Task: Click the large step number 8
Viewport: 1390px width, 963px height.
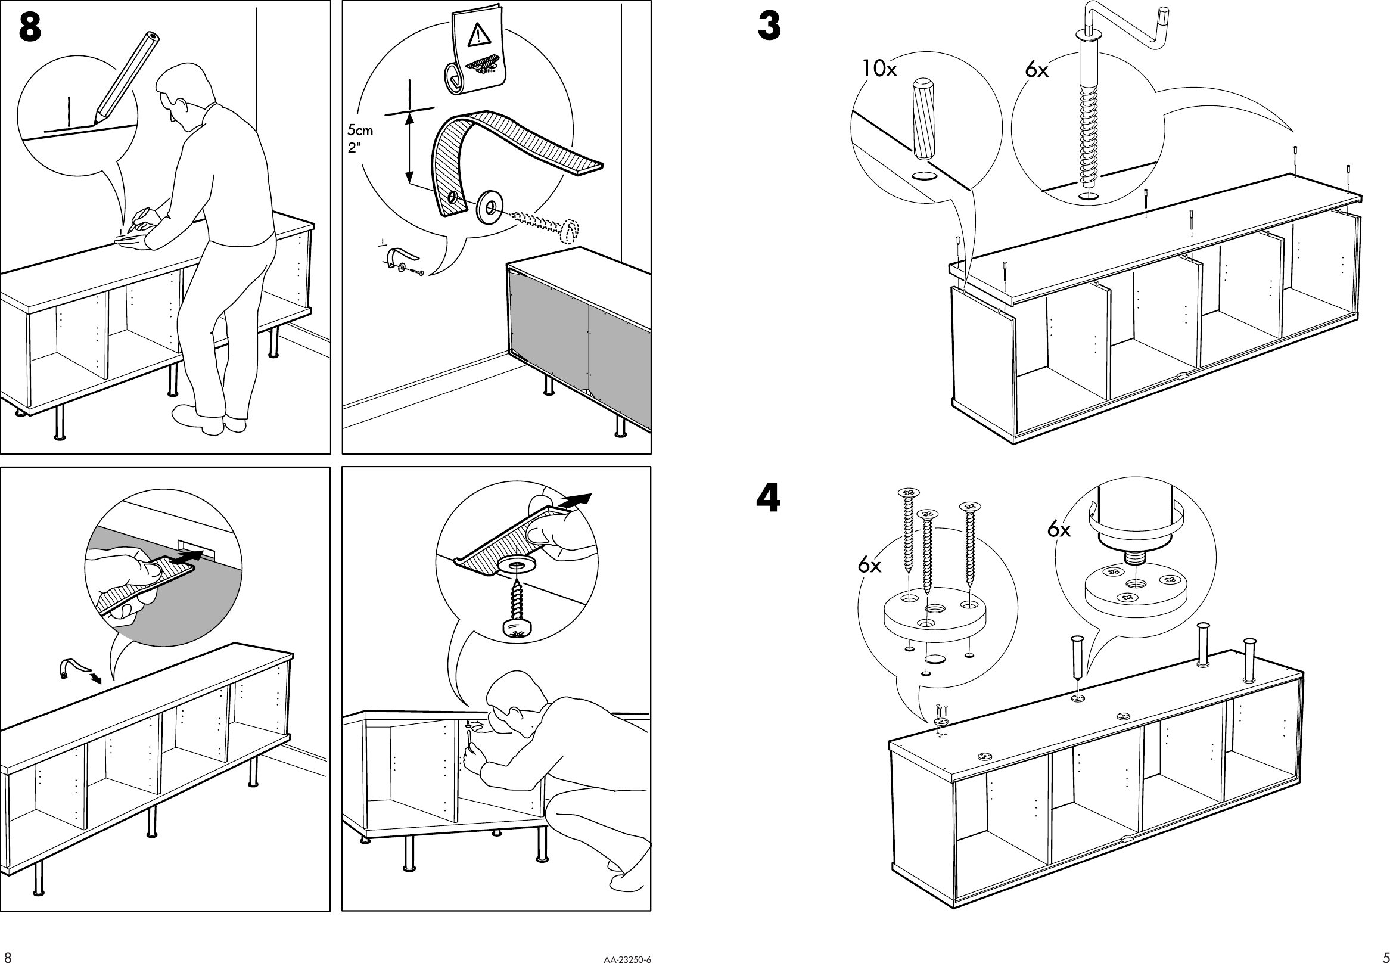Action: (x=30, y=29)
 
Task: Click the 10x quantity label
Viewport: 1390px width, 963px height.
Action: (x=878, y=69)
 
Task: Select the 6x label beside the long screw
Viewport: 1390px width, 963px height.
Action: (x=1037, y=70)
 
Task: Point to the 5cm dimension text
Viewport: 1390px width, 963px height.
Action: (x=360, y=131)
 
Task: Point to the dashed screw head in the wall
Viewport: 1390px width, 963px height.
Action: (x=569, y=231)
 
